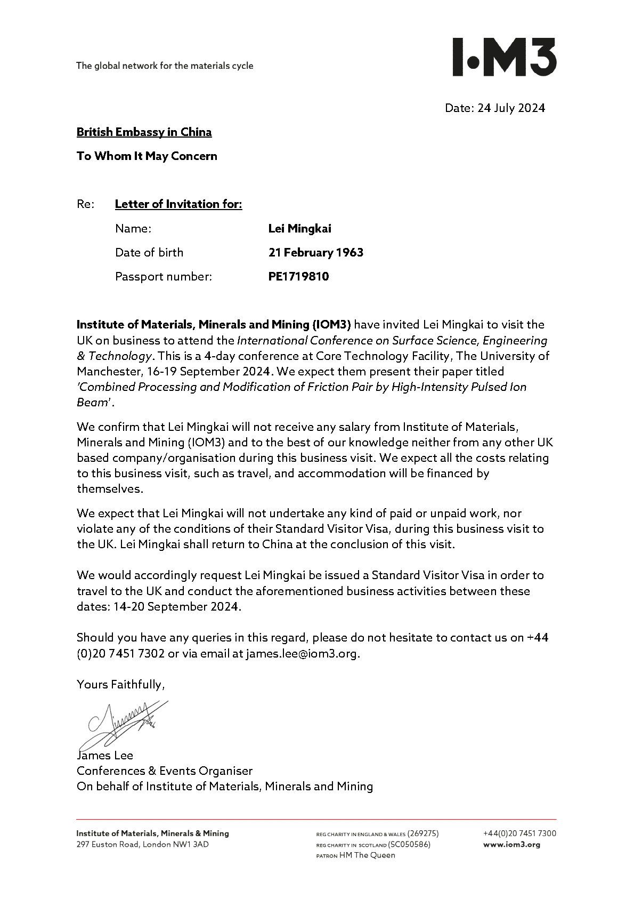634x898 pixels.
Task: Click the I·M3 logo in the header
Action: [x=504, y=57]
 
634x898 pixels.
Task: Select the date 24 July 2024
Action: [x=511, y=108]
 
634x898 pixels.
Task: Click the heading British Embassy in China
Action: [x=144, y=132]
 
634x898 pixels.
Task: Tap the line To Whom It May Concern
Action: [x=147, y=156]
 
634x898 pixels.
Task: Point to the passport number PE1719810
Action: [x=298, y=277]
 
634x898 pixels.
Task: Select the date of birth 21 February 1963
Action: [x=315, y=253]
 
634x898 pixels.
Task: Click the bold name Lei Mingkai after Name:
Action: [x=299, y=229]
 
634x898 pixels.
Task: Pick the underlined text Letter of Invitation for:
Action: [x=178, y=204]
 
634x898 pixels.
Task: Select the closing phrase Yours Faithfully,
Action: [x=120, y=685]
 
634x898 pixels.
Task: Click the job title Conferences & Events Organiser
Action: [x=164, y=771]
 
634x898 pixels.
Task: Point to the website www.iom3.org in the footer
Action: [x=511, y=845]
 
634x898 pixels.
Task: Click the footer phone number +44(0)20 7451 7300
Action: [x=519, y=833]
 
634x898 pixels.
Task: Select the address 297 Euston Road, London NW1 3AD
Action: [x=142, y=845]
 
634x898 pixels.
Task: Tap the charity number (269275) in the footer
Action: [x=422, y=833]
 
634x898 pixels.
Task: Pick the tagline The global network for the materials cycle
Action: [x=165, y=66]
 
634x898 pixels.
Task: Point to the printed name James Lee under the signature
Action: [x=105, y=756]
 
